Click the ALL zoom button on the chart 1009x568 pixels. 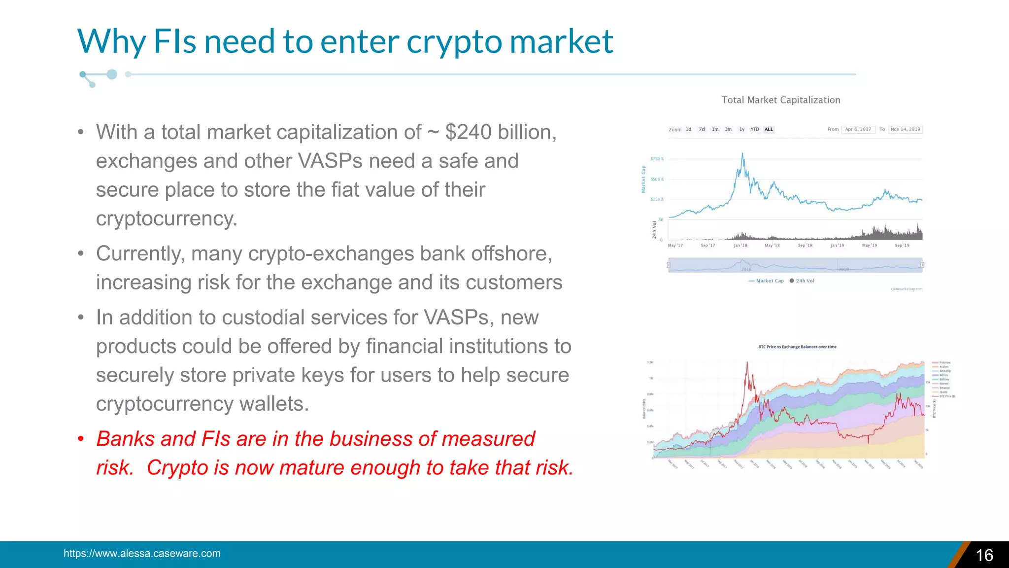769,130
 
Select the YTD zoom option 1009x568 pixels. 755,130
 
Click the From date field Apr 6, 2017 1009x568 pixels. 858,130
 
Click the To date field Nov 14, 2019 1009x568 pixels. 905,130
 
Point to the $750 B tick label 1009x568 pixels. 657,159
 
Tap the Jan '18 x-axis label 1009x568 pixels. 740,245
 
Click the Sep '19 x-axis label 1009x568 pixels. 902,245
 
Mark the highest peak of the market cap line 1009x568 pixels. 742,154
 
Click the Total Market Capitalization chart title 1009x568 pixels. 781,100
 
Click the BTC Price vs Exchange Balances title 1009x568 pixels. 797,347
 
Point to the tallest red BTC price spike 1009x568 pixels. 747,363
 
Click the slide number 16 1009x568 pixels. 984,555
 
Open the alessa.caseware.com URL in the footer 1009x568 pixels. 142,553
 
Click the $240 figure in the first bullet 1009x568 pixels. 468,132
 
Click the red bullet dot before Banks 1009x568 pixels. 81,439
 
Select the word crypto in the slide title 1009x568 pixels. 454,41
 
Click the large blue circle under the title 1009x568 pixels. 112,74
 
